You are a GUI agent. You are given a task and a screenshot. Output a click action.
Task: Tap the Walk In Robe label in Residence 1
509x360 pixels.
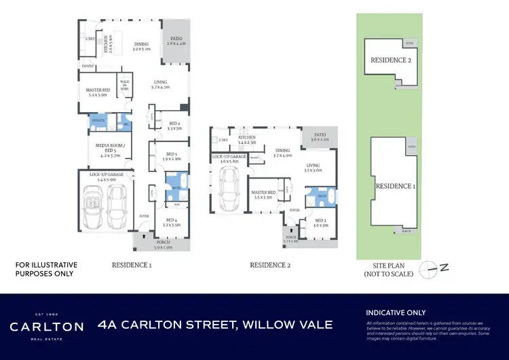pos(125,84)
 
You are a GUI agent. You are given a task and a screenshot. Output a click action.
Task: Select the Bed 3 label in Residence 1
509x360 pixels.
pos(171,156)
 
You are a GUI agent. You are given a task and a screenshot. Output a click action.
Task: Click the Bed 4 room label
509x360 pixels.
pos(170,221)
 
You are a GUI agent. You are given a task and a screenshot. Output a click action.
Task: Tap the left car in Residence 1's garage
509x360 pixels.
pos(94,206)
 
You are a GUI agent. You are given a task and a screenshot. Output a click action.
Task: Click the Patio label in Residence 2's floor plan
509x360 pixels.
pos(319,137)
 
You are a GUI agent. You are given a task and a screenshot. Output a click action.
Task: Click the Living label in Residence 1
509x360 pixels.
pos(159,84)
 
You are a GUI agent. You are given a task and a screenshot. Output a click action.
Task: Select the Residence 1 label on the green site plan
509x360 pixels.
pos(394,186)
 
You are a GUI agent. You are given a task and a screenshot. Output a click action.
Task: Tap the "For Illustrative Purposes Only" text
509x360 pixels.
pos(46,269)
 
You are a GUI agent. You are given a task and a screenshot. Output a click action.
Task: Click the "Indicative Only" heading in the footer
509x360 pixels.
pos(397,312)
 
